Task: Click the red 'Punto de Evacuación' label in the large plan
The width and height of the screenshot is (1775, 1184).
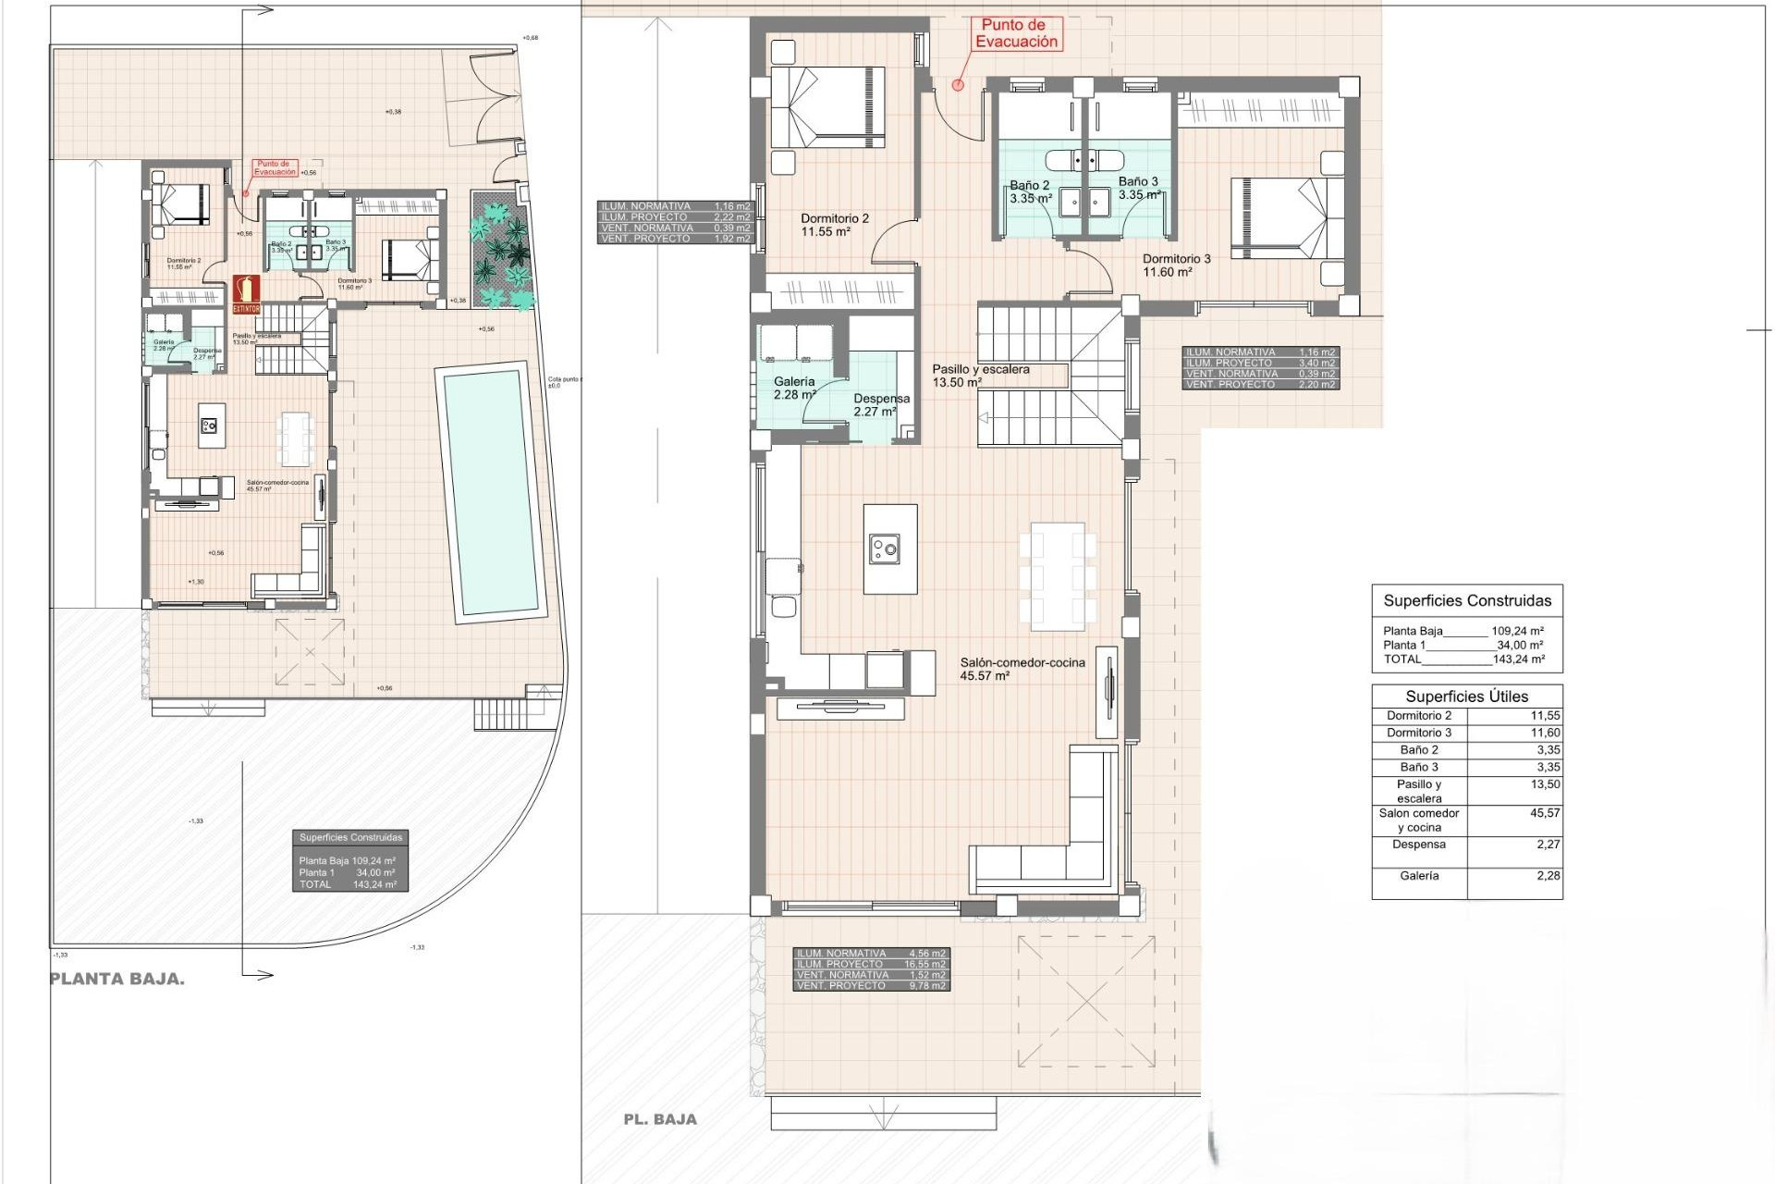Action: (x=1016, y=34)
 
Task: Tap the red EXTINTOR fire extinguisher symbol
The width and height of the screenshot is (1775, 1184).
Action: (x=246, y=293)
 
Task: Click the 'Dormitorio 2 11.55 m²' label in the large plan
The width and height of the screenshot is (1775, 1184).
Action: (x=834, y=226)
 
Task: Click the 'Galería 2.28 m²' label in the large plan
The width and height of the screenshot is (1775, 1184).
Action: (x=794, y=388)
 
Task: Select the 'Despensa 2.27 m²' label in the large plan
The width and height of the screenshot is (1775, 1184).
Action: (x=880, y=405)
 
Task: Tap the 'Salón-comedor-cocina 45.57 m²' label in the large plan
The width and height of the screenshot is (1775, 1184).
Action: (x=1022, y=669)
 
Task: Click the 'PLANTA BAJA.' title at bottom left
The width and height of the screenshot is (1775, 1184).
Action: (x=116, y=980)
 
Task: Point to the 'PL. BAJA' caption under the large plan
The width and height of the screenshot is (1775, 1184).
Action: (x=660, y=1119)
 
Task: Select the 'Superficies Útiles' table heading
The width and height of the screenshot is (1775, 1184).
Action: (x=1466, y=697)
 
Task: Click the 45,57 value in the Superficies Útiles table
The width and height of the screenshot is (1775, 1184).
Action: (x=1545, y=813)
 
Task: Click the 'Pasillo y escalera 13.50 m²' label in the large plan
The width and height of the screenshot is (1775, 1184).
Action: (x=980, y=376)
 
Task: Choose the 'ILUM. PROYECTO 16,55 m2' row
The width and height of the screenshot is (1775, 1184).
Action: (x=871, y=964)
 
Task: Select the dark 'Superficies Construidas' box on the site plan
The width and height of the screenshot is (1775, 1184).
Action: (x=350, y=860)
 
